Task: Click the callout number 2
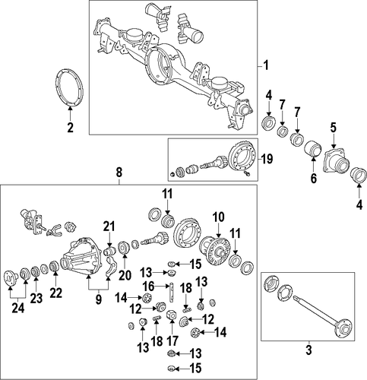click(70, 127)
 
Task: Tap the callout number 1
click(266, 65)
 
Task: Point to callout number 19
click(267, 160)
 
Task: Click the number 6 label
click(314, 179)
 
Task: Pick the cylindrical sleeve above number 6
click(312, 150)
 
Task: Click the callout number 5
click(333, 128)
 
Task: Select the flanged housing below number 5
click(336, 163)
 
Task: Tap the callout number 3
click(308, 350)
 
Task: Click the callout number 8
click(119, 173)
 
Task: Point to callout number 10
click(219, 217)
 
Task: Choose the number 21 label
click(109, 226)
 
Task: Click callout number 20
click(125, 275)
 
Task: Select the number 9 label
click(98, 299)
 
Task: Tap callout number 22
click(55, 293)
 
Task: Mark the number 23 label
click(36, 299)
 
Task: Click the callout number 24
click(18, 309)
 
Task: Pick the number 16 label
click(149, 287)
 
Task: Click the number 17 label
click(172, 340)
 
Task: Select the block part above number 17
click(171, 315)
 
